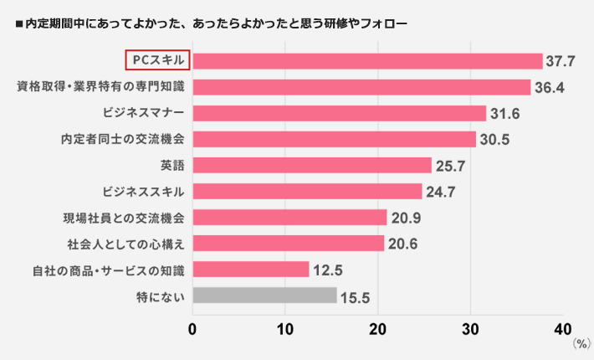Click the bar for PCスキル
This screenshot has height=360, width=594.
[x=368, y=61]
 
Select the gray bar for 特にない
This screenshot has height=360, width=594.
[x=264, y=296]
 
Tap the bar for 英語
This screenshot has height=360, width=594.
[x=312, y=165]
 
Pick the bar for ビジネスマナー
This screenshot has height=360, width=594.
[x=339, y=113]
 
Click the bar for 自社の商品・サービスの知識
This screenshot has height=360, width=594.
[x=251, y=270]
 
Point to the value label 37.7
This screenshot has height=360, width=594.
[x=561, y=61]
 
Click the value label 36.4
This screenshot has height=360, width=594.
[x=549, y=87]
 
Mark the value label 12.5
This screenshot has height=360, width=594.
[x=328, y=270]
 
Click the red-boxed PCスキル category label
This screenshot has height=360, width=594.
[x=158, y=61]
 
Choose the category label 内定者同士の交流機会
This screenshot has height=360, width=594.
[x=123, y=139]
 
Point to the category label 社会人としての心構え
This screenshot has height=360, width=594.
[x=125, y=244]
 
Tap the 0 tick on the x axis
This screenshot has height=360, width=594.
[x=193, y=327]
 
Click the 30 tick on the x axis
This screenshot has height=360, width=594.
[x=471, y=327]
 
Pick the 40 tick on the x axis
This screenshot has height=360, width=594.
[x=564, y=327]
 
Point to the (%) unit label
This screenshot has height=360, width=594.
[x=581, y=343]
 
